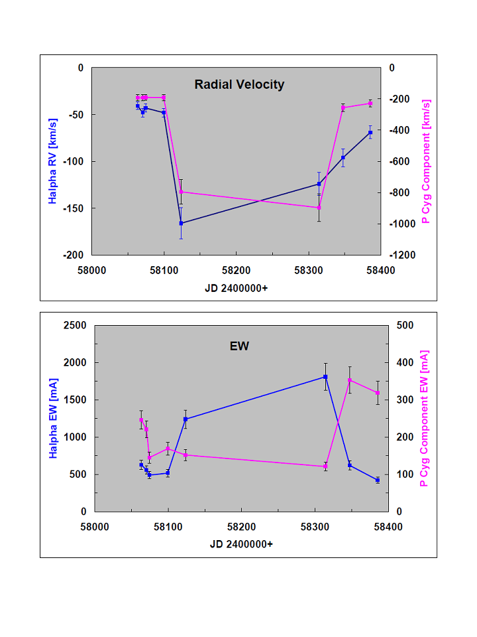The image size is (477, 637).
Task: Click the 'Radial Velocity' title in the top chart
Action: [239, 84]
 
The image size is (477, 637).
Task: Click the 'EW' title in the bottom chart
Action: [238, 346]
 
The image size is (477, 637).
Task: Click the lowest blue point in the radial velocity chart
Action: [181, 223]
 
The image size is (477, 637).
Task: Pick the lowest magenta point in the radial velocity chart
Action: [319, 208]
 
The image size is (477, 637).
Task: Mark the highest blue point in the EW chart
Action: [325, 377]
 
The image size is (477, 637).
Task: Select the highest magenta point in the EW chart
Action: [349, 380]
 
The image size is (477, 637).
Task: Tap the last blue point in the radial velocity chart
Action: [370, 133]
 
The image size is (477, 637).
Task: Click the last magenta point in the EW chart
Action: [378, 393]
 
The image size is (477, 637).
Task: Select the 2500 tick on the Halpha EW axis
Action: [78, 325]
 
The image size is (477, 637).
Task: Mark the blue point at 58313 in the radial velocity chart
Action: [319, 184]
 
